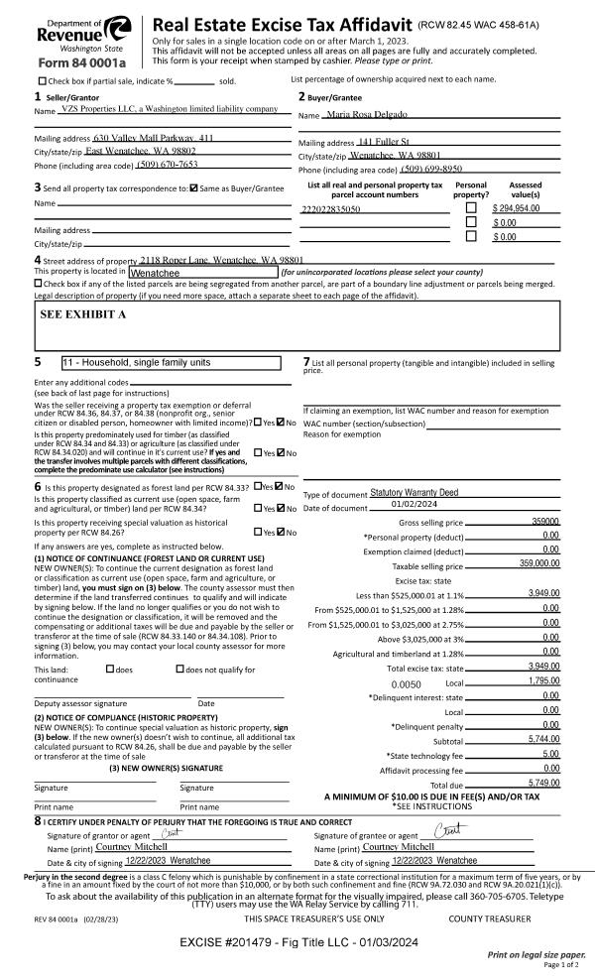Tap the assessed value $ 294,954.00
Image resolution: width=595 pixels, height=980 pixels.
tap(516, 209)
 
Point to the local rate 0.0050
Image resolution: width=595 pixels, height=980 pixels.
tap(407, 683)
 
